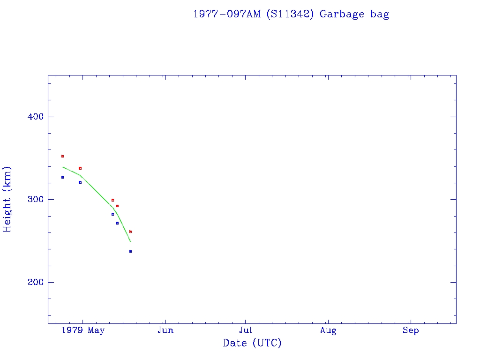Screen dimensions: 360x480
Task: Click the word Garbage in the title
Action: coord(342,14)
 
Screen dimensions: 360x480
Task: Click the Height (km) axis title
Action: coord(7,199)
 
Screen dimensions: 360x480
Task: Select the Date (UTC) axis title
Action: coord(252,343)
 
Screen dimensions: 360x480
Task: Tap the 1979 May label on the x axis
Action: coord(85,330)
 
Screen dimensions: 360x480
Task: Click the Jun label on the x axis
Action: coord(165,330)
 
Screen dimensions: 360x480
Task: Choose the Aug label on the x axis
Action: coord(328,330)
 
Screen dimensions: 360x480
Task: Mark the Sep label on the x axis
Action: coord(411,330)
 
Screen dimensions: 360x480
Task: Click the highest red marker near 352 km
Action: coord(62,156)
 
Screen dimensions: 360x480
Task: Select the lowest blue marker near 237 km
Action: coord(130,251)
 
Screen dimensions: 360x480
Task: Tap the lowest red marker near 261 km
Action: coord(130,232)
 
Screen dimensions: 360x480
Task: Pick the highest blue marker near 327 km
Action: coord(62,177)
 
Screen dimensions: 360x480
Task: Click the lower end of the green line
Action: coord(130,241)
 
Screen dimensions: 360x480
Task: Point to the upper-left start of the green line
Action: coord(63,167)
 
